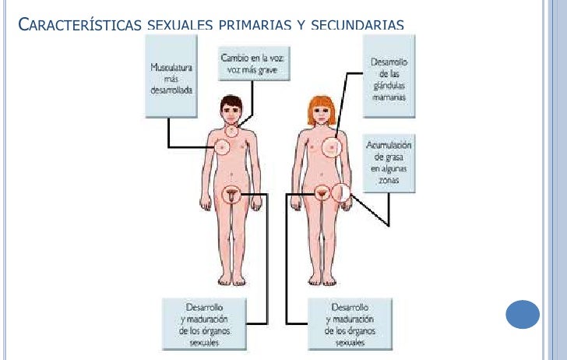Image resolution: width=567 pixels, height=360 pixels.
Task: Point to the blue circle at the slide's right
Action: [522, 315]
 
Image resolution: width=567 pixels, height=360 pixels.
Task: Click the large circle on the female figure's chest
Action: [331, 146]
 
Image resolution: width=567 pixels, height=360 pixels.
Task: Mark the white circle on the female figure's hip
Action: [340, 192]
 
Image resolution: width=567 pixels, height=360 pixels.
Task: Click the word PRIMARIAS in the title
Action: [250, 26]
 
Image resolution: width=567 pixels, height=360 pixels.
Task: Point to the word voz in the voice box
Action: [234, 69]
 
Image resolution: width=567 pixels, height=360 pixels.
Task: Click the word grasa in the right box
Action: [389, 157]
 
